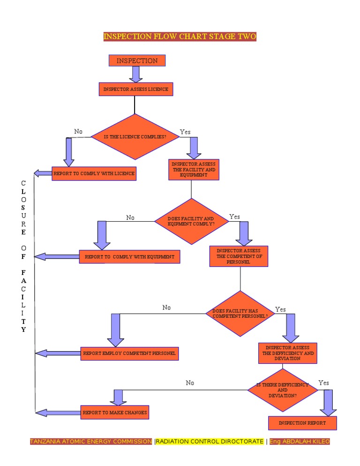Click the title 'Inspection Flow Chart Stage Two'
coord(180,37)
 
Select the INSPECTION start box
coord(137,61)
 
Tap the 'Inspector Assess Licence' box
coord(135,89)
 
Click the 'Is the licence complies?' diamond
coord(135,137)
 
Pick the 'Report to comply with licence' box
coord(94,173)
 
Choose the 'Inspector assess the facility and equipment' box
coord(194,170)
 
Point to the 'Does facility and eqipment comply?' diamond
coord(191,221)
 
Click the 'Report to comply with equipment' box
coord(129,257)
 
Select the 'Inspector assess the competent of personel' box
coord(239,256)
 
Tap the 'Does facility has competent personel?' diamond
coord(240,314)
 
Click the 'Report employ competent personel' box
coord(129,353)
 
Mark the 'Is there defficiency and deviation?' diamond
coord(283,390)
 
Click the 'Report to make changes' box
coord(115,413)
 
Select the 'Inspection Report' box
coord(302,423)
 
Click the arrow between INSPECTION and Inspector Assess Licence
coord(136,74)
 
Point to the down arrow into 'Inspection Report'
coord(328,402)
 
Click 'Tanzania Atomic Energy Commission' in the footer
coord(91,442)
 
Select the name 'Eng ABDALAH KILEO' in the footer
coord(300,442)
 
